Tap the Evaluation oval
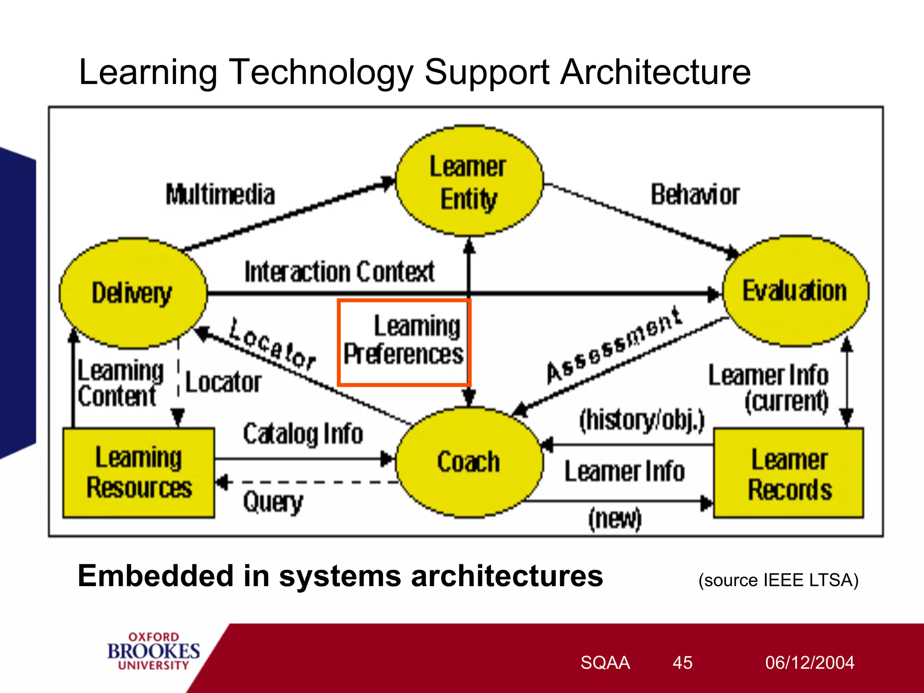pyautogui.click(x=795, y=291)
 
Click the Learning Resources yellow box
pyautogui.click(x=139, y=472)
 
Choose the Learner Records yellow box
pyautogui.click(x=789, y=474)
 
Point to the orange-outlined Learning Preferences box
pyautogui.click(x=404, y=342)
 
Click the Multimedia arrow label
pyautogui.click(x=220, y=195)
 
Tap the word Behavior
pyautogui.click(x=695, y=195)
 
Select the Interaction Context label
pyautogui.click(x=339, y=272)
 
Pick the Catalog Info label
pyautogui.click(x=303, y=434)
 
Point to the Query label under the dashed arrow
pyautogui.click(x=273, y=502)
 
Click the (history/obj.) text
pyautogui.click(x=642, y=420)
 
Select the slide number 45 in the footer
pyautogui.click(x=682, y=663)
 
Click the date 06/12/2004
pyautogui.click(x=809, y=663)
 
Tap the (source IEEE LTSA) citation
pyautogui.click(x=778, y=580)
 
